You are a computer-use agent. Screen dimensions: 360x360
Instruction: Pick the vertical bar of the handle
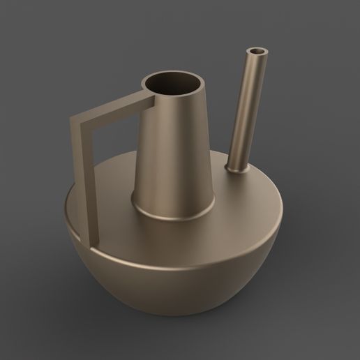(83, 181)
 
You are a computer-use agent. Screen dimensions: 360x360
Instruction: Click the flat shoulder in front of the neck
(174, 241)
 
